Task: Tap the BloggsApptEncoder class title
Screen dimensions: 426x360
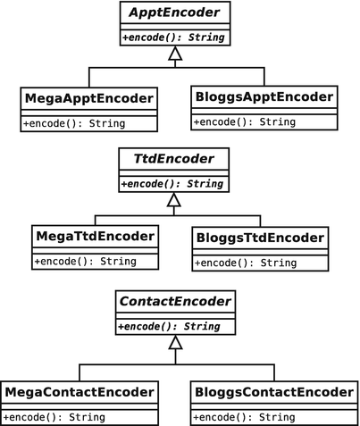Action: pos(263,96)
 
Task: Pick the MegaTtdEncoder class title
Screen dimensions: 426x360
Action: pos(96,238)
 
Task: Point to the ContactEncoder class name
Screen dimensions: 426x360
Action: pos(174,304)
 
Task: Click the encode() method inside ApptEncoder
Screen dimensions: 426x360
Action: pos(174,38)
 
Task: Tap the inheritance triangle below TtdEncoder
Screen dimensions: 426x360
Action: pos(174,201)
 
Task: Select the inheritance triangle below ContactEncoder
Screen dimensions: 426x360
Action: pos(174,343)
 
